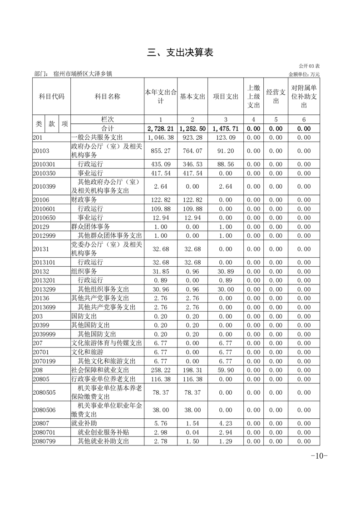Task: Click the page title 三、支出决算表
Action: (x=180, y=53)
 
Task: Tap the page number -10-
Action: (x=319, y=456)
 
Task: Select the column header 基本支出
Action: (x=192, y=96)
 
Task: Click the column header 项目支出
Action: (x=226, y=96)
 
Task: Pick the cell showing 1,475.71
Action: (x=226, y=129)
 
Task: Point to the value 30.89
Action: (x=226, y=271)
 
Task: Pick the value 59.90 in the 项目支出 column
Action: (x=226, y=370)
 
